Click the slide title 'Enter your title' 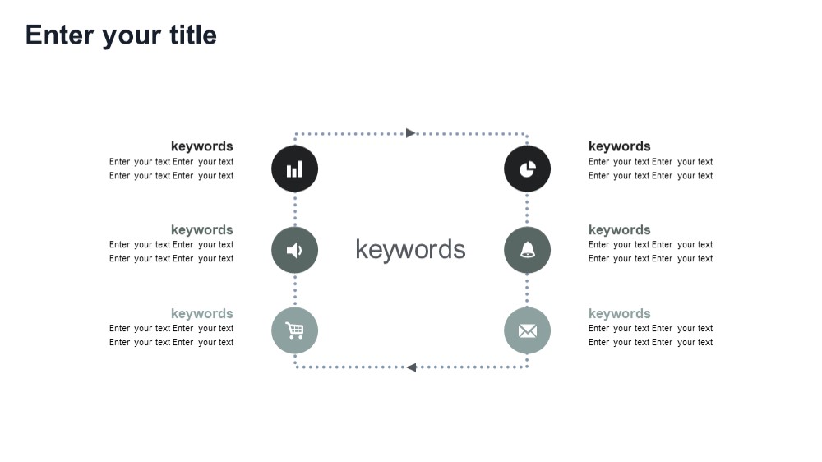coord(121,35)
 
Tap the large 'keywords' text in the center coord(410,250)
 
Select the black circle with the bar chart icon coord(294,169)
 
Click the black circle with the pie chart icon coord(528,169)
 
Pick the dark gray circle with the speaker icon coord(294,250)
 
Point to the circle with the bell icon coord(528,250)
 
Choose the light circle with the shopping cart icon coord(294,331)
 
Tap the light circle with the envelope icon coord(528,331)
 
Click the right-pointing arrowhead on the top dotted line coord(411,133)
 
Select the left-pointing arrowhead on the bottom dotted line coord(412,367)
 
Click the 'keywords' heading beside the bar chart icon coord(202,146)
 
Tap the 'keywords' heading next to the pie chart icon coord(619,146)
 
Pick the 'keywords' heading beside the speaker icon coord(202,230)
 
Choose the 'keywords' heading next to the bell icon coord(619,230)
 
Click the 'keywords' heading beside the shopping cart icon coord(202,313)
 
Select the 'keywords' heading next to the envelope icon coord(619,313)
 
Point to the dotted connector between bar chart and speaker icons coord(295,210)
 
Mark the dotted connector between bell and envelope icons coord(527,290)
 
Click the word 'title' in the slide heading coord(193,35)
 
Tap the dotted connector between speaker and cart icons coord(295,290)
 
